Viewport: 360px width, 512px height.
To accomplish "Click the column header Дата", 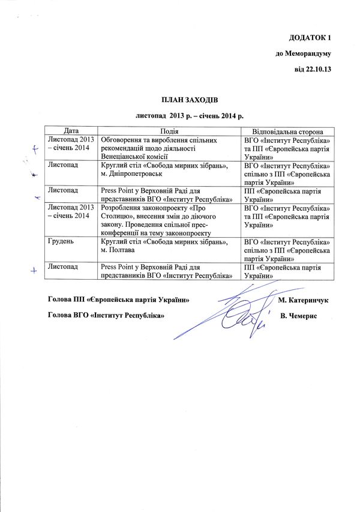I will [x=71, y=131].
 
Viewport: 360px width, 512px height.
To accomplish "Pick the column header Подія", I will [x=170, y=131].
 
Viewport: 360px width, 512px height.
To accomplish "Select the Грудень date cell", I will [x=62, y=241].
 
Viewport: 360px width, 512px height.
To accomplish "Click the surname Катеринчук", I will [x=308, y=299].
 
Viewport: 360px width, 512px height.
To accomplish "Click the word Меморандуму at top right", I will [x=303, y=53].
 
